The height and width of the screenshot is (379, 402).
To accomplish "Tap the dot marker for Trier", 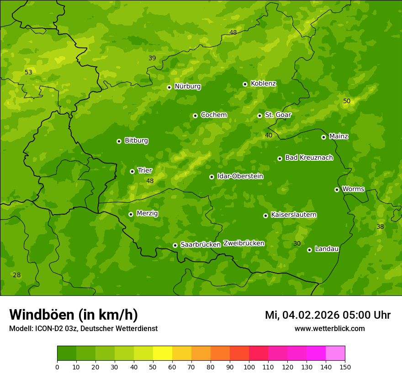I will tap(132, 171).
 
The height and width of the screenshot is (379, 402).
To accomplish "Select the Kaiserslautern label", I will tap(294, 215).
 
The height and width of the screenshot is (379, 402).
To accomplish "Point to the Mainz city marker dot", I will tap(323, 137).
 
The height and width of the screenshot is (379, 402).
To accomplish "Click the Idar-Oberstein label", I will tap(240, 176).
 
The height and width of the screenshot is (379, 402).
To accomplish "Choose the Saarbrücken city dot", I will tap(175, 245).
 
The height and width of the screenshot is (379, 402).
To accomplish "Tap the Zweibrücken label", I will tap(243, 243).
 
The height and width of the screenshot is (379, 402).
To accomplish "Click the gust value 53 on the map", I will tap(28, 72).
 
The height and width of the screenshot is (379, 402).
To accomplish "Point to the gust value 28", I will tap(16, 275).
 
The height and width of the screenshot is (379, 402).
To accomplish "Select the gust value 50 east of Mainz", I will tap(347, 101).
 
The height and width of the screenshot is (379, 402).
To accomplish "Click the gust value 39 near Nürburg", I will tap(152, 58).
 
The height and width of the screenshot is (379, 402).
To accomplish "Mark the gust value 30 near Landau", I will tap(297, 243).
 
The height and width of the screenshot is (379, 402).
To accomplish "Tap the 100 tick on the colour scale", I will tap(249, 366).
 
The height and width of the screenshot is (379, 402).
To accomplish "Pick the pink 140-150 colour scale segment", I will tap(335, 353).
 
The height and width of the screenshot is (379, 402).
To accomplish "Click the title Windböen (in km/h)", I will tap(74, 315).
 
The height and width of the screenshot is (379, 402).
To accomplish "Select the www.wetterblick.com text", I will tap(329, 328).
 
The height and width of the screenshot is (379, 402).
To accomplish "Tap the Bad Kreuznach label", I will tap(309, 158).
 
